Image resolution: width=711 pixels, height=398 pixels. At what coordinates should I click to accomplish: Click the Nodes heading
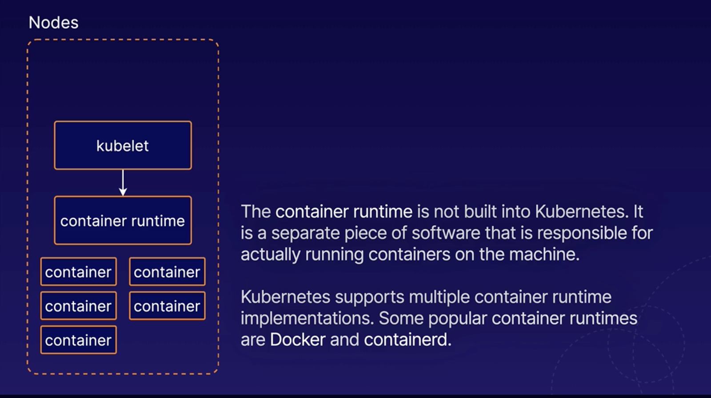pyautogui.click(x=53, y=23)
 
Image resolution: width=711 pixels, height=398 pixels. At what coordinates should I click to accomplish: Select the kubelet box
pyautogui.click(x=123, y=145)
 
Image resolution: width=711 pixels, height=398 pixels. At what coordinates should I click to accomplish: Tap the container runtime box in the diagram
pyautogui.click(x=123, y=220)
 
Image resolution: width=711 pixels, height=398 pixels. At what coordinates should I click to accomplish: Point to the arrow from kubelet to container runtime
pyautogui.click(x=123, y=183)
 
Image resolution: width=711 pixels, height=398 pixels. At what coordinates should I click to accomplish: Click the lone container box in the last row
pyautogui.click(x=78, y=340)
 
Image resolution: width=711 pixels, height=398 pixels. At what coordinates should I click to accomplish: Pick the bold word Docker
pyautogui.click(x=298, y=340)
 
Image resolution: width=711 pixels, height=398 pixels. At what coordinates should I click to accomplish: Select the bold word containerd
pyautogui.click(x=407, y=340)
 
